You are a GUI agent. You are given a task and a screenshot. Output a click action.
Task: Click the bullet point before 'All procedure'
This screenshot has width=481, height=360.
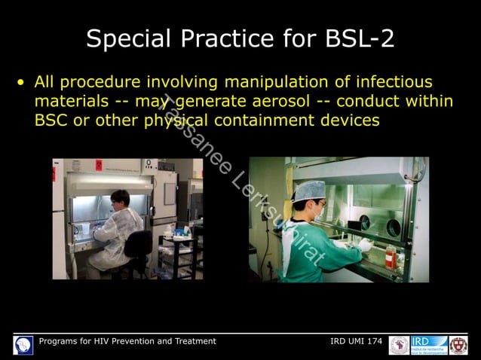(x=23, y=81)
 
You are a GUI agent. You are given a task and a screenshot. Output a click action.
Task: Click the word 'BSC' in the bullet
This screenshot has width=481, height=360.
(x=51, y=121)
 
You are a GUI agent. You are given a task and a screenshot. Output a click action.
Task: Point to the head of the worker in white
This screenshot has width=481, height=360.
(x=120, y=200)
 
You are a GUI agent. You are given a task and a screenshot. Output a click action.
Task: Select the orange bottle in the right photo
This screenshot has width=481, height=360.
(x=391, y=256)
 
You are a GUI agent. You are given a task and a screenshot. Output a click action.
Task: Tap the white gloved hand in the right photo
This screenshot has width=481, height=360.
(x=364, y=245)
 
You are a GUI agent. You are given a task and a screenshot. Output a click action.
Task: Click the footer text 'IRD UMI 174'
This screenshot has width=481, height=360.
(x=356, y=342)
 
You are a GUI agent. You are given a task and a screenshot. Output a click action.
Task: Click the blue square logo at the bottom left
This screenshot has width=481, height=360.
(x=23, y=346)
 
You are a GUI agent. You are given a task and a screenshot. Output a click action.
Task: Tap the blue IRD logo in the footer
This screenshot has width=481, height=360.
(x=429, y=345)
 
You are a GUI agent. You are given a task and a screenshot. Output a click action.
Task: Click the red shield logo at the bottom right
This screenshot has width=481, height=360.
(x=458, y=346)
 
